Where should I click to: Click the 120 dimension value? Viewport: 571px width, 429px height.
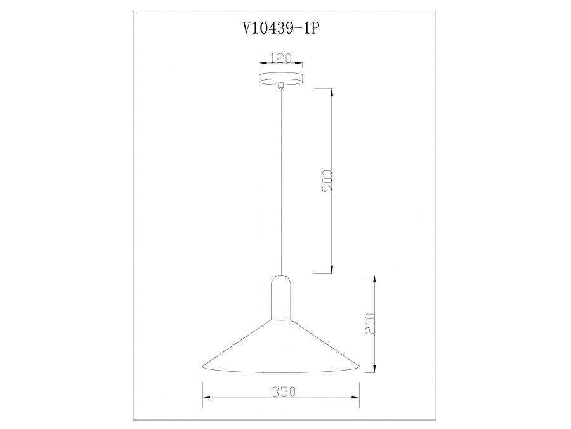[280, 58]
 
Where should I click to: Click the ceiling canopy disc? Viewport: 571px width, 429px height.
[280, 79]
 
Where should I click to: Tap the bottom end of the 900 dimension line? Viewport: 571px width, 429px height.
[331, 273]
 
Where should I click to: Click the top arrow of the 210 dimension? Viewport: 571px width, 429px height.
[375, 276]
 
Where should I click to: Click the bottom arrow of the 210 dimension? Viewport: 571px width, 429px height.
[375, 371]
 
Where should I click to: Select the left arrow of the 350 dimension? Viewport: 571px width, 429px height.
[204, 398]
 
